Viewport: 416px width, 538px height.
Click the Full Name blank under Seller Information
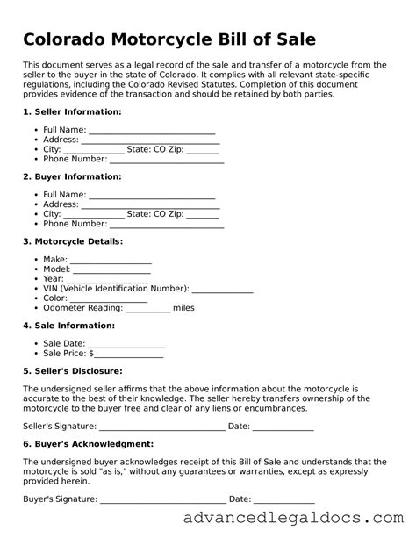tap(152, 131)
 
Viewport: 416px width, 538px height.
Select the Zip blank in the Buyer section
tap(203, 214)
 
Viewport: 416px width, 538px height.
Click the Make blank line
tap(111, 261)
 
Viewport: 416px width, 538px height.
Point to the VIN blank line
tap(222, 289)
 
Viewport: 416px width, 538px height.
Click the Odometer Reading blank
tap(148, 308)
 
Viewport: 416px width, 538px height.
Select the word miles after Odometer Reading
tap(183, 308)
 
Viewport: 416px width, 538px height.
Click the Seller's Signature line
tap(162, 427)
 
